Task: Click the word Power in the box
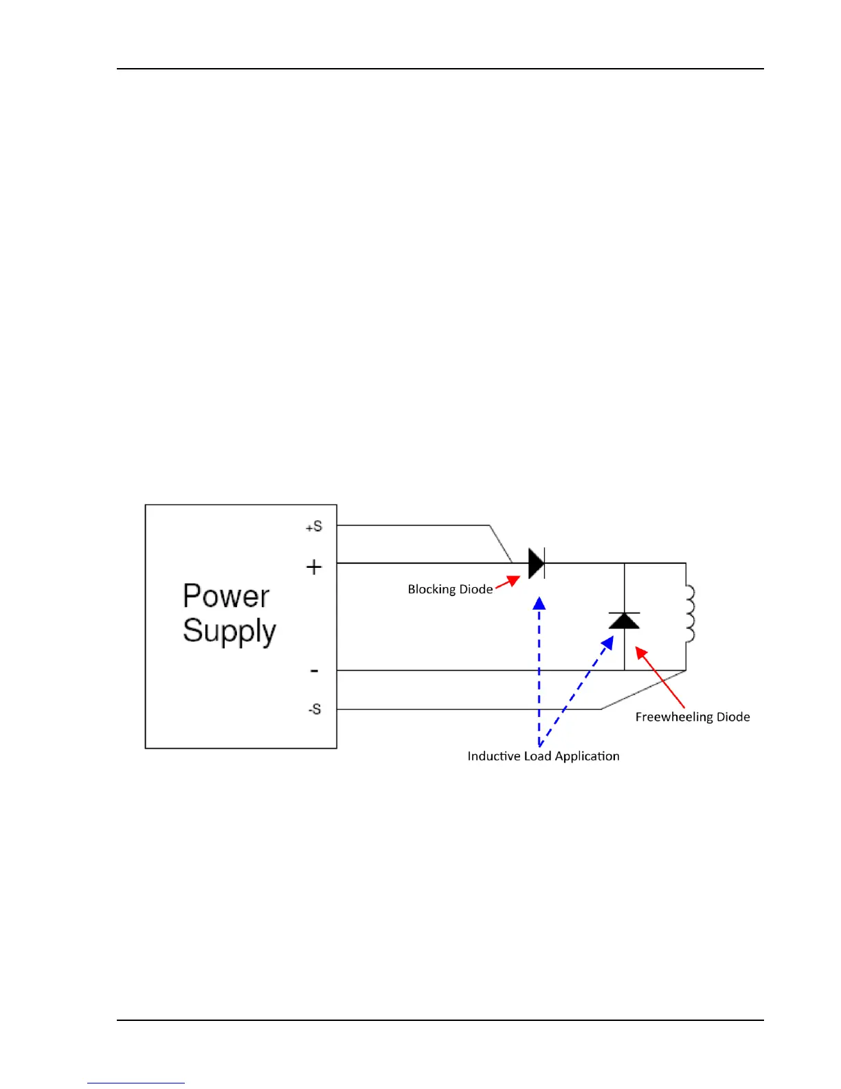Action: click(x=226, y=595)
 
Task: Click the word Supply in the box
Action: click(x=229, y=631)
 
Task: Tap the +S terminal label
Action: click(x=313, y=527)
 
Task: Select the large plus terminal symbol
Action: click(x=314, y=566)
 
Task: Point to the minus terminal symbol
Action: click(x=314, y=670)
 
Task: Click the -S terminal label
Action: click(x=314, y=709)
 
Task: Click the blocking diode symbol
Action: click(x=537, y=564)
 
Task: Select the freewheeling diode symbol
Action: click(x=624, y=621)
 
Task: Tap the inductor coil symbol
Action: click(x=689, y=614)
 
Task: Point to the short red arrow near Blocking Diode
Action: click(x=507, y=583)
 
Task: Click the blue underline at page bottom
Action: click(x=136, y=1083)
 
